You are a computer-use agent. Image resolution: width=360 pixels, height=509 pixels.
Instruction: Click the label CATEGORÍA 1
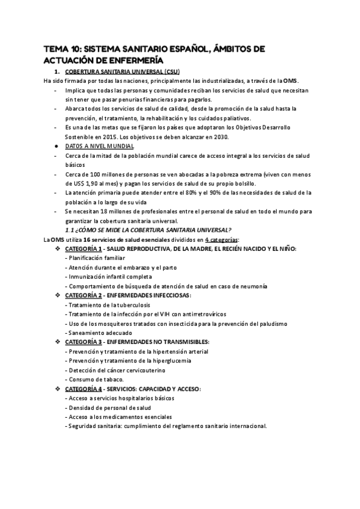tap(85, 248)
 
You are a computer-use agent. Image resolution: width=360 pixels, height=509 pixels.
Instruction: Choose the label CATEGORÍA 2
tap(85, 295)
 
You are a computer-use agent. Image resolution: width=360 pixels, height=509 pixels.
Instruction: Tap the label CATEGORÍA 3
tap(85, 342)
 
